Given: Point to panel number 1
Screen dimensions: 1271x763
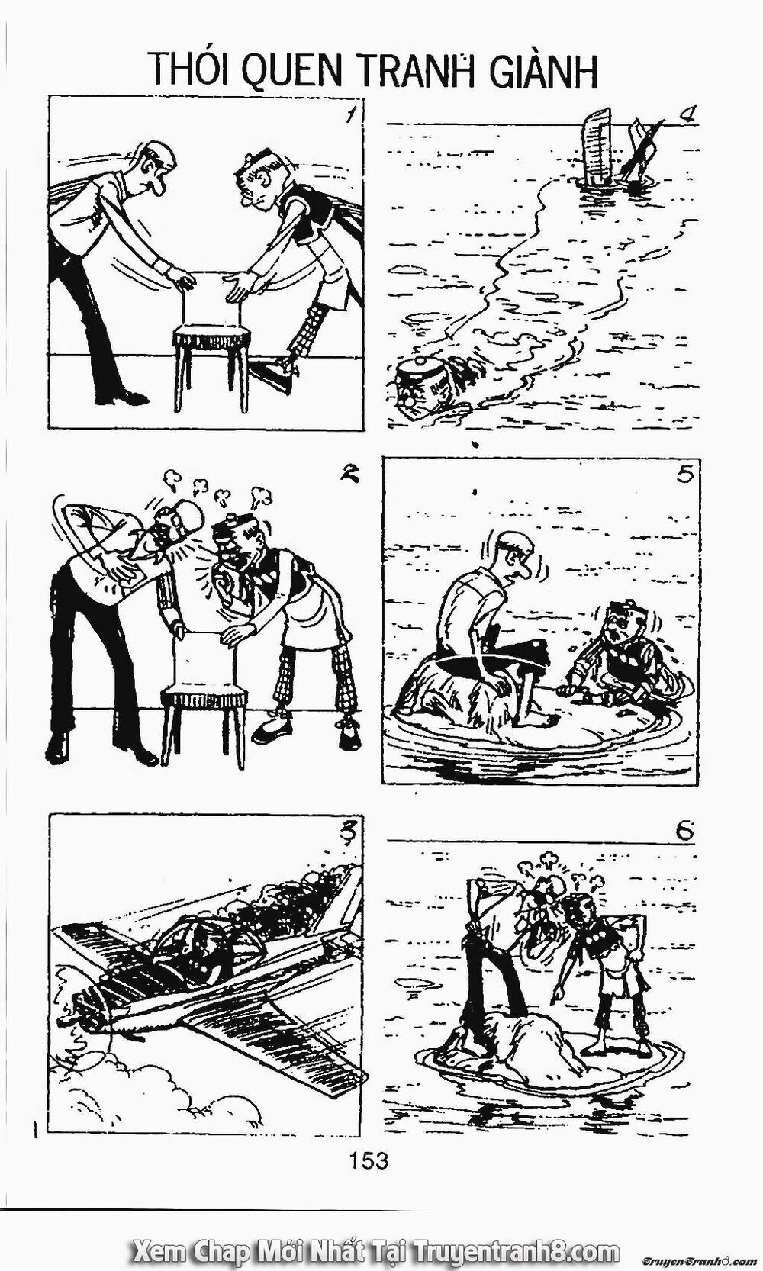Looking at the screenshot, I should (x=350, y=117).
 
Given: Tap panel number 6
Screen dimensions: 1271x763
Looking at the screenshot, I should (x=684, y=832).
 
